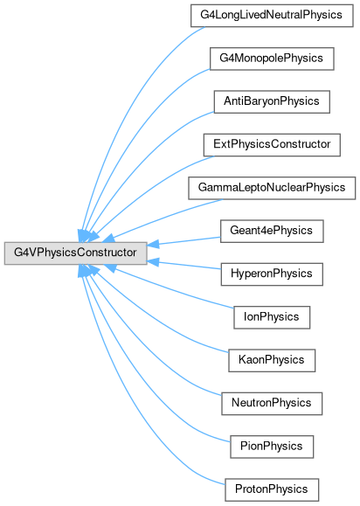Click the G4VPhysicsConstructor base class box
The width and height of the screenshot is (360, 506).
point(75,253)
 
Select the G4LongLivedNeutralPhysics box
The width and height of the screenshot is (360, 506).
point(272,16)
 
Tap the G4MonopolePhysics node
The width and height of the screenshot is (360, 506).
point(272,59)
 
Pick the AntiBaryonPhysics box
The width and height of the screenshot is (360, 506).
point(272,101)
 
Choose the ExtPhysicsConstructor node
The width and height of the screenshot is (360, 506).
point(272,145)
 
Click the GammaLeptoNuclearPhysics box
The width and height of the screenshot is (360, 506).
point(272,188)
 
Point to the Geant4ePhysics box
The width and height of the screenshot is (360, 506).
point(272,231)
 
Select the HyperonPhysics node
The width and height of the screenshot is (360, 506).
point(272,274)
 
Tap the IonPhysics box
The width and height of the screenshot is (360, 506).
point(272,317)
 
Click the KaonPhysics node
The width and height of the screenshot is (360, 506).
point(272,360)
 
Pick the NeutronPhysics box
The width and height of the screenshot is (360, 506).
point(272,404)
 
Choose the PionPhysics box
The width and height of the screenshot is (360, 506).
point(272,447)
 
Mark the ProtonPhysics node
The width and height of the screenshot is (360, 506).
point(272,490)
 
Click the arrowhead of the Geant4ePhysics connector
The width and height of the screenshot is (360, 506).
point(153,245)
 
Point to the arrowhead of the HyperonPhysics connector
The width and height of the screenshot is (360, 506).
point(153,261)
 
